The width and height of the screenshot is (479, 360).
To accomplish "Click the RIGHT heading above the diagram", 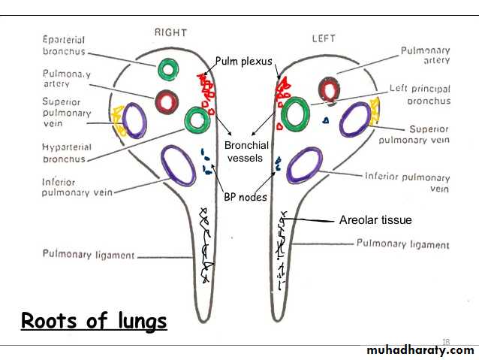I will point(170,32).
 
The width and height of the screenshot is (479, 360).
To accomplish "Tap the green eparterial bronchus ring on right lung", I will point(168,71).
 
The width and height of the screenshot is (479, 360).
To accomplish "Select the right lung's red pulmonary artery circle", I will point(167,100).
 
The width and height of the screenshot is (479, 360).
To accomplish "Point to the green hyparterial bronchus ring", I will point(197,119).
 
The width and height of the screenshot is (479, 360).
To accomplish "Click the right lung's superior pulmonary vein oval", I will point(135,120).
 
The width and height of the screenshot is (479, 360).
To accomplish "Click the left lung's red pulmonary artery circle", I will point(327,90).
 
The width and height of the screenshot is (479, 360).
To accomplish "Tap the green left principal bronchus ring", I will point(295,113).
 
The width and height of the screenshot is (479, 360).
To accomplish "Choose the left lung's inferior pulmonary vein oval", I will point(305,165).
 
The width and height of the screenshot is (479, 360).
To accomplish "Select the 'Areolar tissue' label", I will point(375,220).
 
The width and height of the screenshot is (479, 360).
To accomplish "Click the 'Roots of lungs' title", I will point(94,321).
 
